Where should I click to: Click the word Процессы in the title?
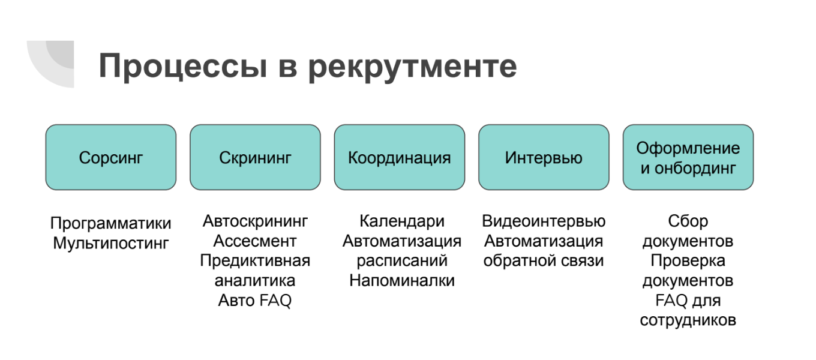[x=183, y=67]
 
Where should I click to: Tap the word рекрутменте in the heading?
[x=412, y=68]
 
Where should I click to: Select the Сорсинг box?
[x=111, y=157]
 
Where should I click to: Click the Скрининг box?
[x=255, y=157]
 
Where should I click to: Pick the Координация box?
[x=399, y=157]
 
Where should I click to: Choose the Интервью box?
[x=544, y=157]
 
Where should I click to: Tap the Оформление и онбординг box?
[x=688, y=157]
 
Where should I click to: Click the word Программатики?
[x=111, y=224]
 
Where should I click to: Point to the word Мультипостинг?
[x=111, y=244]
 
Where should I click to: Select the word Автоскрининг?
[x=255, y=221]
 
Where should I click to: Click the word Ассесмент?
[x=255, y=241]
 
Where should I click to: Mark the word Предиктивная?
[x=255, y=261]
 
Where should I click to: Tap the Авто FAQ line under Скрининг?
[x=255, y=301]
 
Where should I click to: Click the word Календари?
[x=402, y=221]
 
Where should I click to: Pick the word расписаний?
[x=402, y=261]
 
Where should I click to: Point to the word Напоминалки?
[x=402, y=281]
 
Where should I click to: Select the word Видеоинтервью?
[x=544, y=221]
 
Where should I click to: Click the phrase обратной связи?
[x=544, y=261]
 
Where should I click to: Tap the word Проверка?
[x=688, y=261]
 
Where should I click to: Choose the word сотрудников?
[x=688, y=320]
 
